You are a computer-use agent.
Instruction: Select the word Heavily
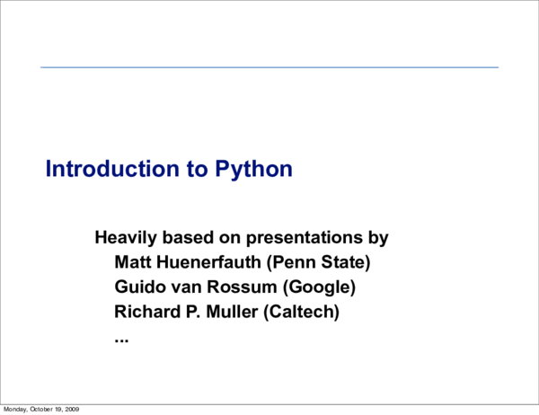pos(124,239)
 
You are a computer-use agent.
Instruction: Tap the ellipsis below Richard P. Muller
pos(122,339)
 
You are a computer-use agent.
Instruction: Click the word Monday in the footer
pos(16,410)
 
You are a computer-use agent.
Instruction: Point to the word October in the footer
pos(41,410)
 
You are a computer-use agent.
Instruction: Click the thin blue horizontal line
pos(269,67)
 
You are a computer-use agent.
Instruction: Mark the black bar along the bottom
pos(314,409)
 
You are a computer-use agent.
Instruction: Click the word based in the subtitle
pos(186,239)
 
